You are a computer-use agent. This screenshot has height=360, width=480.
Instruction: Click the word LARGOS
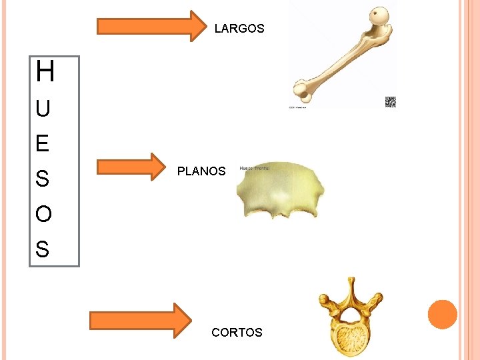tap(239, 29)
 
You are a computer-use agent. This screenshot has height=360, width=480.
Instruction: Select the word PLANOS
tap(201, 171)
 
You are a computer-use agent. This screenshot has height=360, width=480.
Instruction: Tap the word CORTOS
tap(237, 332)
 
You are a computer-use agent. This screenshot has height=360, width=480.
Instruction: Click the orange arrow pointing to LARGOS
tap(153, 26)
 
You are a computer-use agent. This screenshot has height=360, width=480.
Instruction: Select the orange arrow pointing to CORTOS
tap(141, 320)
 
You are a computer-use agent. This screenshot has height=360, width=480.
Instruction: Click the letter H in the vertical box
tap(45, 72)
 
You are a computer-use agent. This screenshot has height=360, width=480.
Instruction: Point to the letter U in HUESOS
tap(43, 109)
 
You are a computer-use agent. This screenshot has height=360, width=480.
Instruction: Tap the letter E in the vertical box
tap(43, 143)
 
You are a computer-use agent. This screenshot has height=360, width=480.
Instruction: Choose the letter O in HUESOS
tap(43, 215)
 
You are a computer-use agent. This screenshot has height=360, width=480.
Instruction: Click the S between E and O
tap(43, 179)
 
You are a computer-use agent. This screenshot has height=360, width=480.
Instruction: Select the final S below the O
tap(43, 250)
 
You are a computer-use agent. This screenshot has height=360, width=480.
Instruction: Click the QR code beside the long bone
tap(391, 102)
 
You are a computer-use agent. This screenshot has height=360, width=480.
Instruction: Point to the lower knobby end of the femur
tap(303, 89)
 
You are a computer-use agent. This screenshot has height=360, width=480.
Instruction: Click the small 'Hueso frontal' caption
tap(253, 169)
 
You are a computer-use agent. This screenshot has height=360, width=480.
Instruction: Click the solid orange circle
tap(443, 314)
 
